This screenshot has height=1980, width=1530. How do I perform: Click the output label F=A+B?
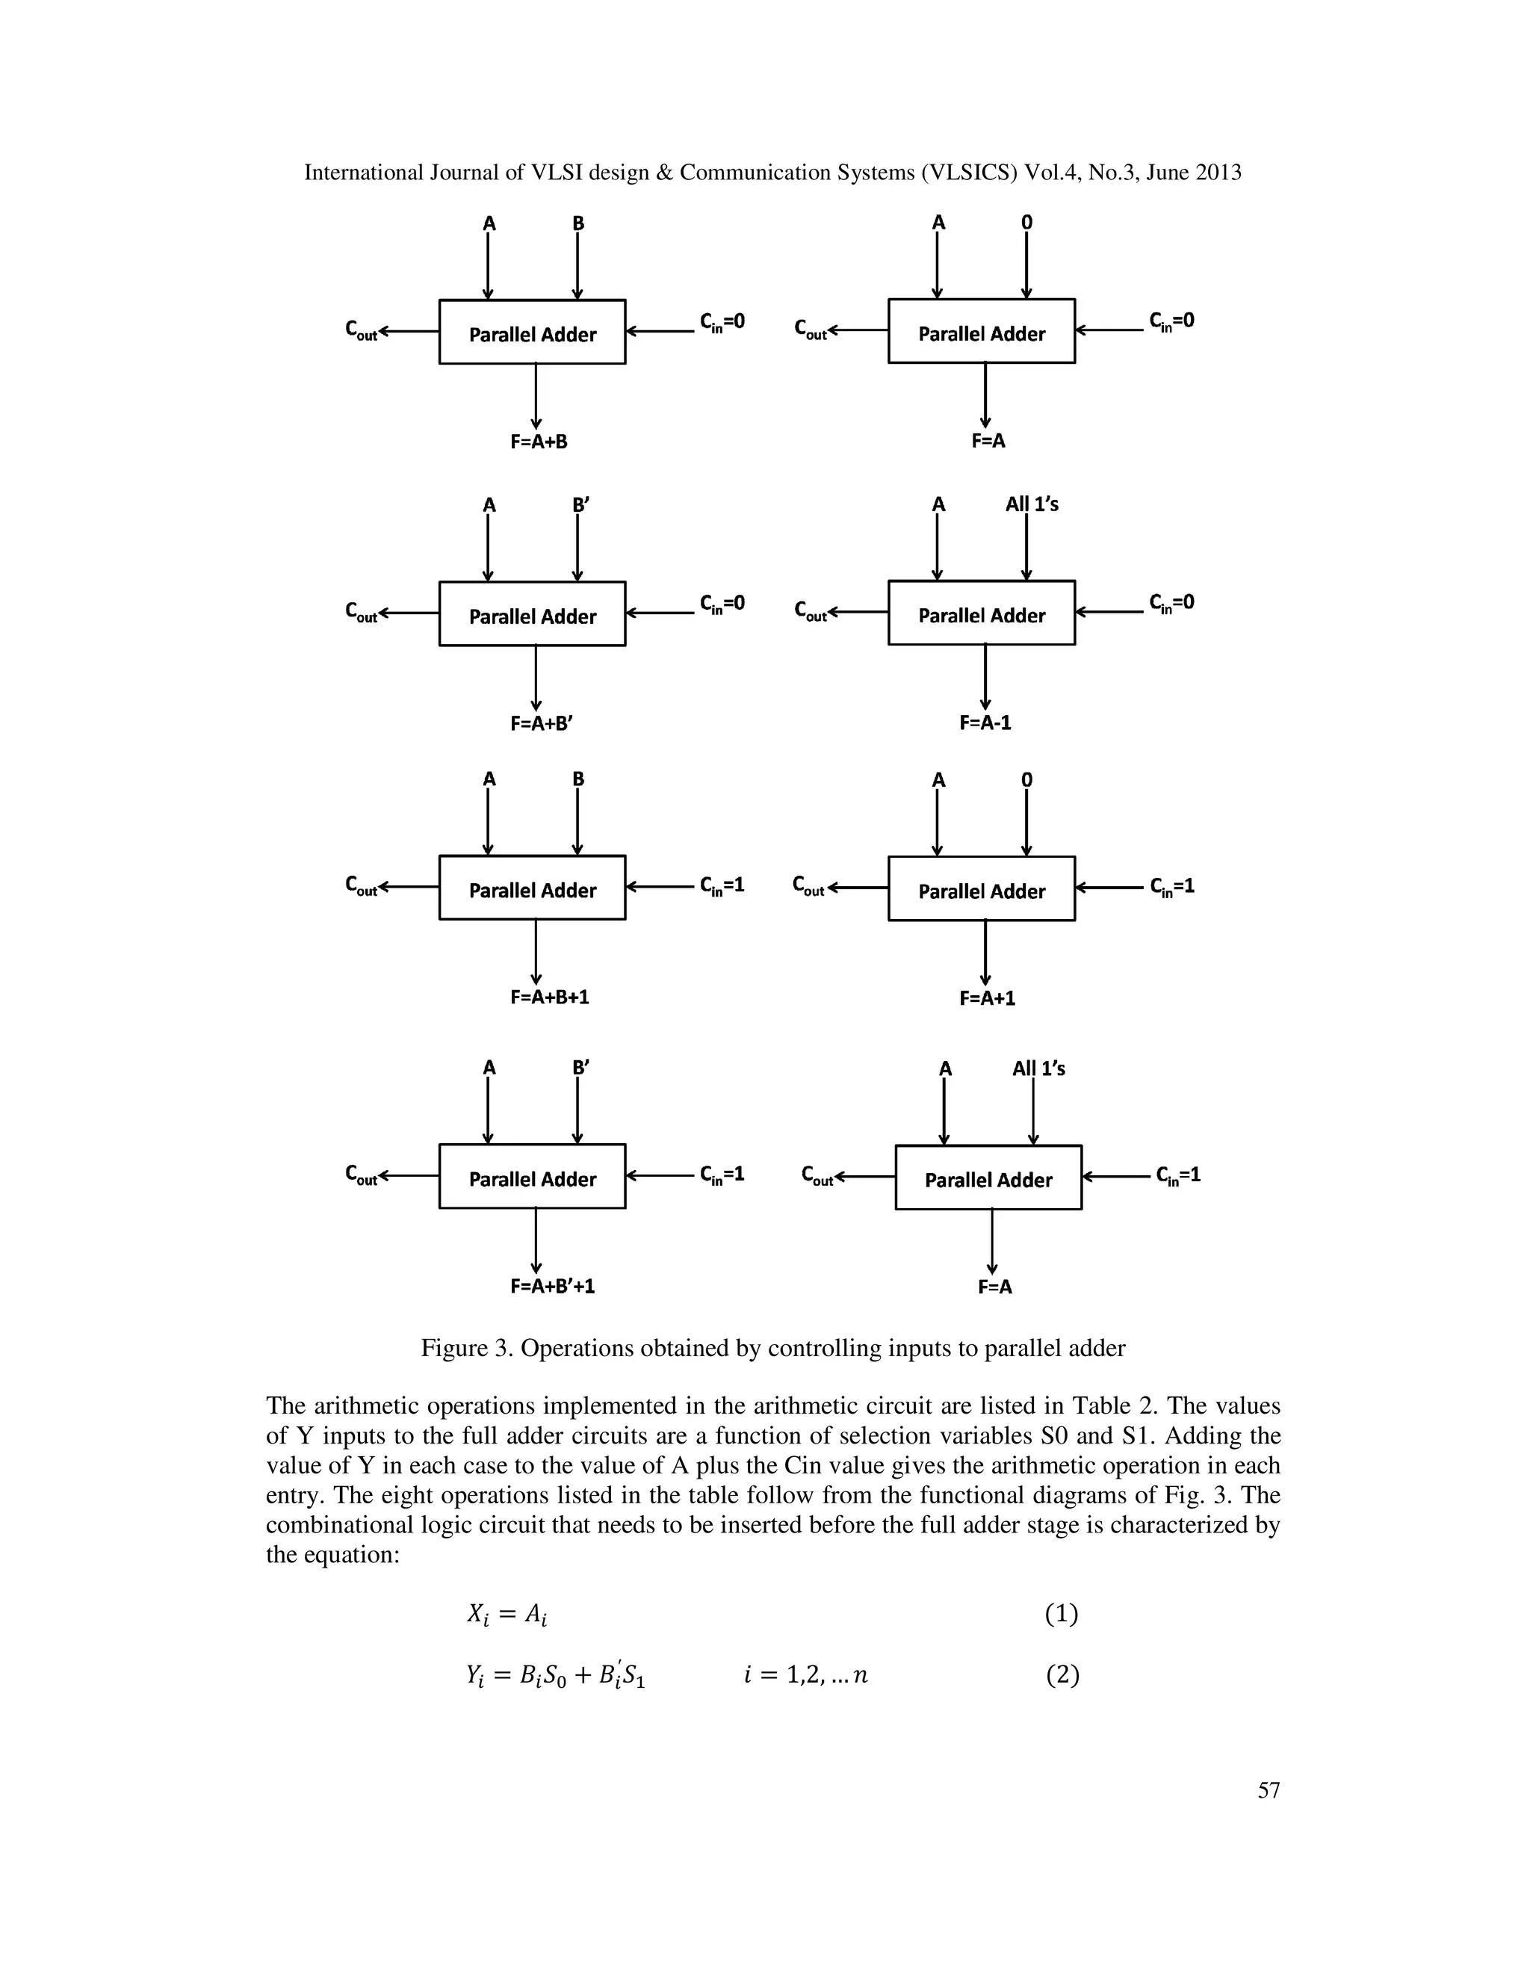point(539,442)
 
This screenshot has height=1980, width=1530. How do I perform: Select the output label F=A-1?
point(985,723)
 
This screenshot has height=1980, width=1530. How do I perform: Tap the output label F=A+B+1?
point(549,997)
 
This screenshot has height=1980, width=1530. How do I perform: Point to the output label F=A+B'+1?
point(552,1286)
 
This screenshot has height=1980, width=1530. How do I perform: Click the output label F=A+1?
point(987,998)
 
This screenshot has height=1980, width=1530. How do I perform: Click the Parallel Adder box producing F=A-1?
point(982,613)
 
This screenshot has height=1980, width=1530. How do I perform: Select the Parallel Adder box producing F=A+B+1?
point(532,888)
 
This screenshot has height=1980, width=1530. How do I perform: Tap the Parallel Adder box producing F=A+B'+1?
point(532,1176)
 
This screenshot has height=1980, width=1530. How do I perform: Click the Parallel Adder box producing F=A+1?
point(982,888)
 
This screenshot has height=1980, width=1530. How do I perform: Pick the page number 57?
point(1268,1789)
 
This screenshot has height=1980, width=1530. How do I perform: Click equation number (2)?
point(1062,1674)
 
